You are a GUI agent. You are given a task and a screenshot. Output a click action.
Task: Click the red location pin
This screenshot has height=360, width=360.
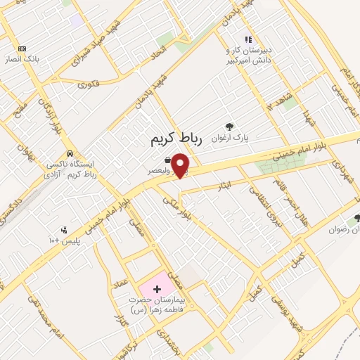(x=181, y=165)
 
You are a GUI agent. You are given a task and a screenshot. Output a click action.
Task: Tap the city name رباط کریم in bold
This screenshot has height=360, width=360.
(x=176, y=140)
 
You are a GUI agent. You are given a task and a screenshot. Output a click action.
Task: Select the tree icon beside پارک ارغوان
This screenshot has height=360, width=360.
(x=229, y=127)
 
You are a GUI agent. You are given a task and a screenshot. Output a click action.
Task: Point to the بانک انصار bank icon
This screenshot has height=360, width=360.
(x=22, y=49)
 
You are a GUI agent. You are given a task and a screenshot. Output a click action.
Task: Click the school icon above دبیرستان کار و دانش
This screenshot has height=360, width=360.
(x=247, y=39)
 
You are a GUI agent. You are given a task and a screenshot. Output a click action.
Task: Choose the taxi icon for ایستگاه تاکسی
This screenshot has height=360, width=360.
(x=69, y=153)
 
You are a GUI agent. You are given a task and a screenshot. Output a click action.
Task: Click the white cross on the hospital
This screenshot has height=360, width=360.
(x=156, y=289)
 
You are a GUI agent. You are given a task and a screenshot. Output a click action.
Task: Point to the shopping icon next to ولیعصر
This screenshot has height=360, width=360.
(x=166, y=160)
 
